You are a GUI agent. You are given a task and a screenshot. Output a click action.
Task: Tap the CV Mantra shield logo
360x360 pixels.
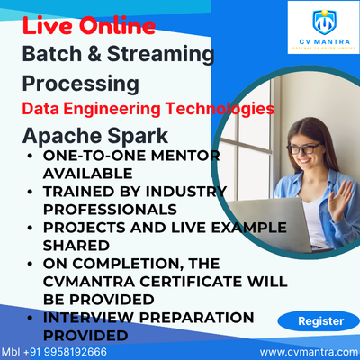click(x=324, y=22)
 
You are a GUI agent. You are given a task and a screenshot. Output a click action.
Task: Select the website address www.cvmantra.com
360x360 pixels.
click(x=309, y=352)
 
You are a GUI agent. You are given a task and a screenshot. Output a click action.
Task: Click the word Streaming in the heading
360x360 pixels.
click(x=160, y=55)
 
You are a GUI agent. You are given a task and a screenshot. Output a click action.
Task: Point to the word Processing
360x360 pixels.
click(x=81, y=84)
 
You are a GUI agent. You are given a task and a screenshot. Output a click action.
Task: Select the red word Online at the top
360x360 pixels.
click(x=118, y=26)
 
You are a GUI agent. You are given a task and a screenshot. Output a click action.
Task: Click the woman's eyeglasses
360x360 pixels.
click(x=303, y=148)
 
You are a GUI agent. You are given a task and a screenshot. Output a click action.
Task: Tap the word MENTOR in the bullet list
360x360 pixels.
click(x=185, y=156)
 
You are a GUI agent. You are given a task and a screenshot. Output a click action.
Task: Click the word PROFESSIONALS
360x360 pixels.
click(x=110, y=210)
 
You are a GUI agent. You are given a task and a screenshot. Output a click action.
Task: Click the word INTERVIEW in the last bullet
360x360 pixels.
click(x=88, y=318)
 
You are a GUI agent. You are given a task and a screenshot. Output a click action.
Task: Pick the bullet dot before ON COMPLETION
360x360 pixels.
click(x=30, y=264)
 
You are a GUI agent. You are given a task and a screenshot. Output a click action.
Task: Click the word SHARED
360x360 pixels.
click(x=76, y=246)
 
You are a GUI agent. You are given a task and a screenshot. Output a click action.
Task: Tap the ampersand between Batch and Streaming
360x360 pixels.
click(x=94, y=54)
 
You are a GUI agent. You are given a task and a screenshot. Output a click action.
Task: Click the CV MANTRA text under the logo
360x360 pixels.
click(x=324, y=42)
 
